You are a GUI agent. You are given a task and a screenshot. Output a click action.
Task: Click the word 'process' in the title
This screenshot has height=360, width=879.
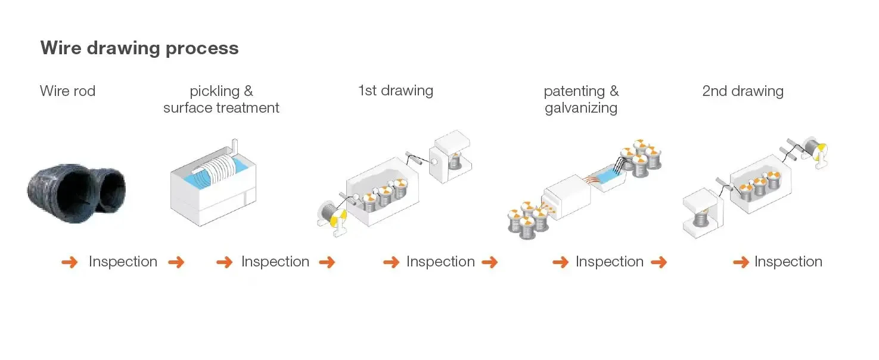coord(202,48)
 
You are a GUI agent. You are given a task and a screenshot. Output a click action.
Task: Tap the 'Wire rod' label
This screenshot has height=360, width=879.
coord(67,91)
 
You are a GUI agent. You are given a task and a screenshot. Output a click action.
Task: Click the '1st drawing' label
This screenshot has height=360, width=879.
coord(395,91)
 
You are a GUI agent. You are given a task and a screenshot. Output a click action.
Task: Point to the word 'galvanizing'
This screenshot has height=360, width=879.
coord(580,108)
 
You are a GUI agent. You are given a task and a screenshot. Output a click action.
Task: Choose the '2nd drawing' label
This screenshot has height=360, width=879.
coord(743,91)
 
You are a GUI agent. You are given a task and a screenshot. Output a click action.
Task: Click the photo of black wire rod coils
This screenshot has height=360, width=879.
coord(76,188)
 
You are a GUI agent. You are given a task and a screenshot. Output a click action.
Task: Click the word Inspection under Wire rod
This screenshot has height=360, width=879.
coord(123,262)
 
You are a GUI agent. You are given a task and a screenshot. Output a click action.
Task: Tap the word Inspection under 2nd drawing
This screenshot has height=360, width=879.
coord(788,262)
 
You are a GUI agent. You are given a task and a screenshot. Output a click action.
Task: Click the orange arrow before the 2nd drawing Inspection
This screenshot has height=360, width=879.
coord(741,262)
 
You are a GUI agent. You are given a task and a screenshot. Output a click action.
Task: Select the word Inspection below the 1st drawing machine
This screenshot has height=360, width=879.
coord(440,262)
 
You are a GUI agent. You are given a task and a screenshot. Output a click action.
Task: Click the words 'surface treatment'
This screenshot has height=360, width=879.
coord(221,108)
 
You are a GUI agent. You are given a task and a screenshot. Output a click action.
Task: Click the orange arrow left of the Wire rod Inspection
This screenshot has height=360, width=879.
coord(70,262)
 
